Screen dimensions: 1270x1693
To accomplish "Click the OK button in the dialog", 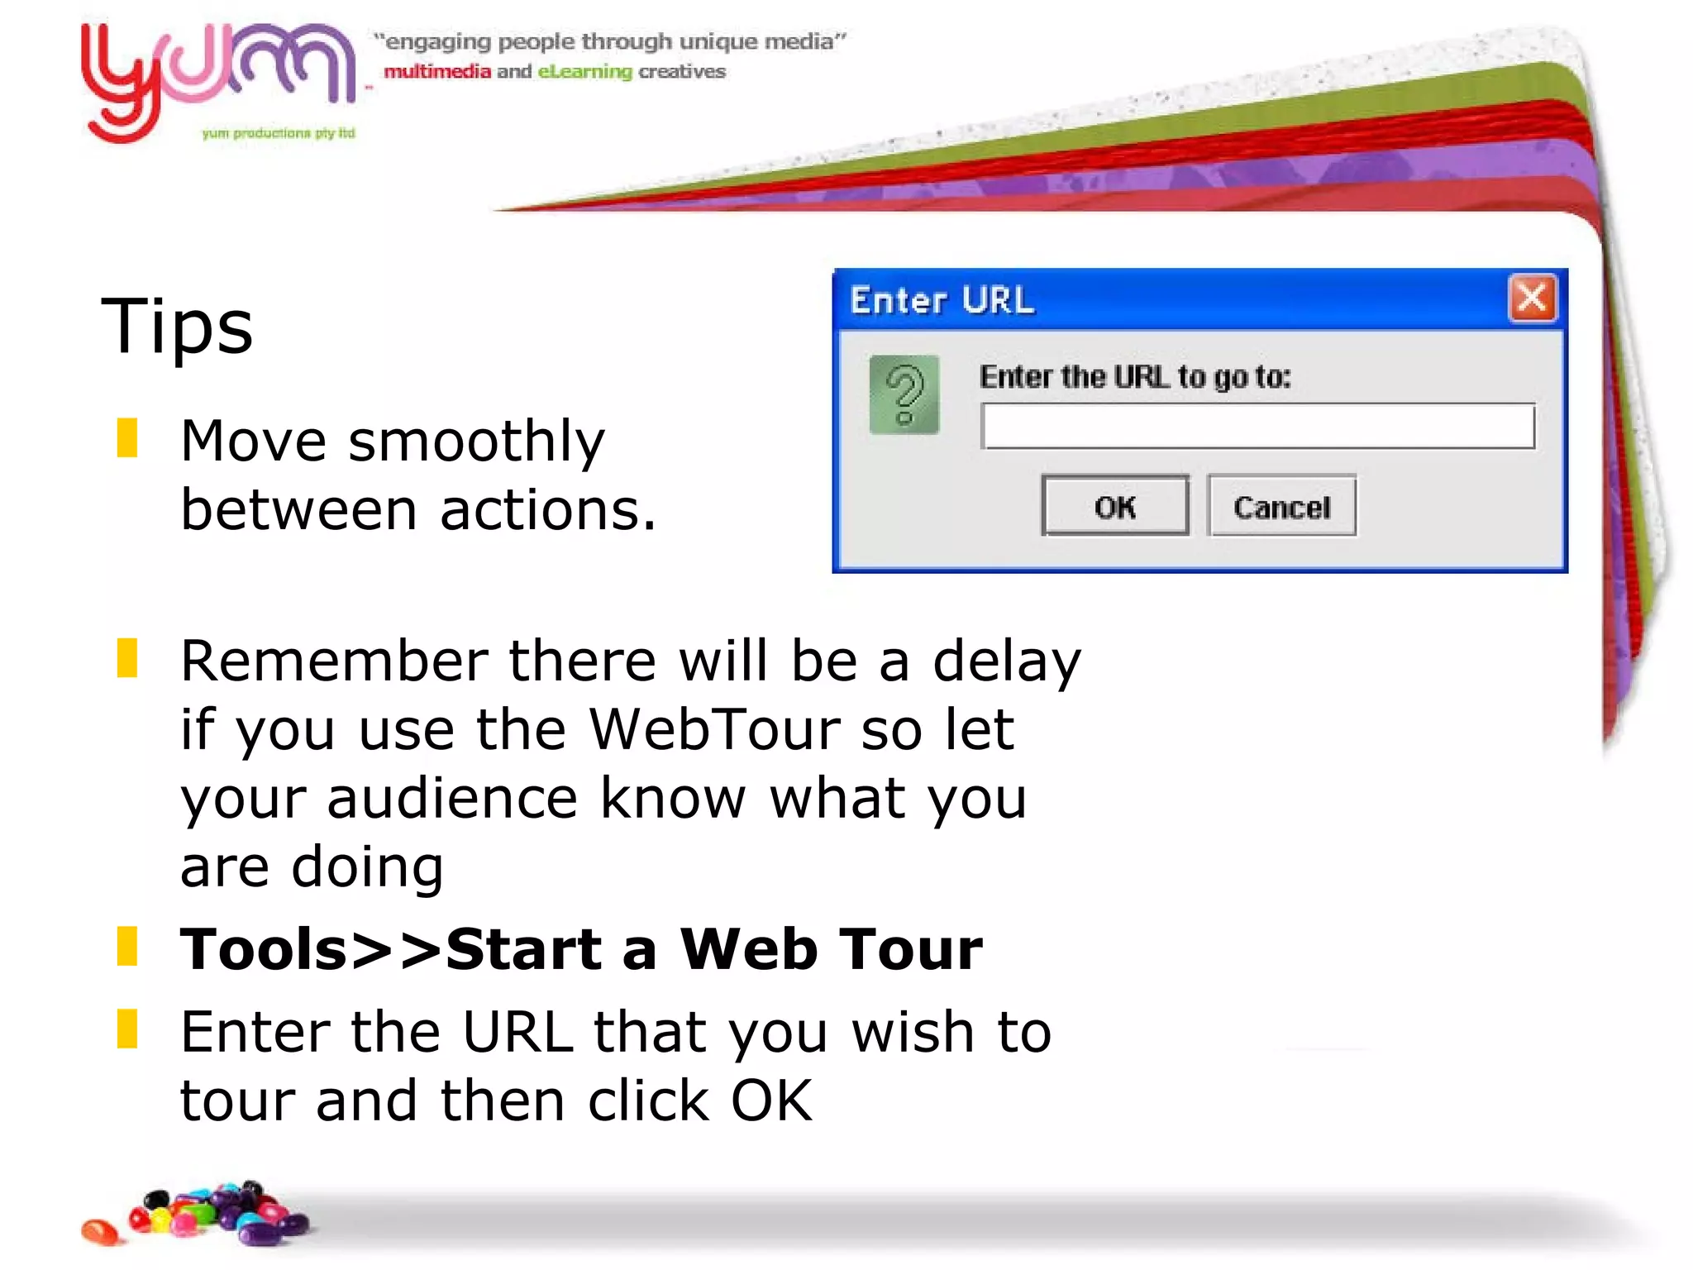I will (1114, 506).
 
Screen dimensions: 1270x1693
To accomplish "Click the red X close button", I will (1532, 298).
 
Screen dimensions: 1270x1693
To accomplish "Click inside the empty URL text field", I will (1257, 427).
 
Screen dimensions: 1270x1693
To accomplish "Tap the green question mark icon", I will (904, 395).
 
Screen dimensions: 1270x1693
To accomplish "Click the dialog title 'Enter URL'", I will (942, 300).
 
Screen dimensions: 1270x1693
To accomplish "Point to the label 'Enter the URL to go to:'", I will (1134, 377).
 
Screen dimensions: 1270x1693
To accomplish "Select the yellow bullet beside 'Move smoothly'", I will (127, 438).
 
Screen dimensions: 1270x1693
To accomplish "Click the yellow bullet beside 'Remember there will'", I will (127, 658).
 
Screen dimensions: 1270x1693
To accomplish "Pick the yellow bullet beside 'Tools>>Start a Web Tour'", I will (127, 947).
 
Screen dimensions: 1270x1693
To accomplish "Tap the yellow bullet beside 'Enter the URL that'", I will (127, 1029).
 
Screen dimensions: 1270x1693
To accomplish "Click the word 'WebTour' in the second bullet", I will (713, 729).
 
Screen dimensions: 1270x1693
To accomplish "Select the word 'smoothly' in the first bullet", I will (477, 442).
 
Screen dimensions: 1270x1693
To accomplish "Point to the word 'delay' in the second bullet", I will (1006, 661).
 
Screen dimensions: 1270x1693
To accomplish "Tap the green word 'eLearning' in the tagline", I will (584, 72).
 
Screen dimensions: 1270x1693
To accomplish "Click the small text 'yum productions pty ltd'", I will (278, 133).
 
